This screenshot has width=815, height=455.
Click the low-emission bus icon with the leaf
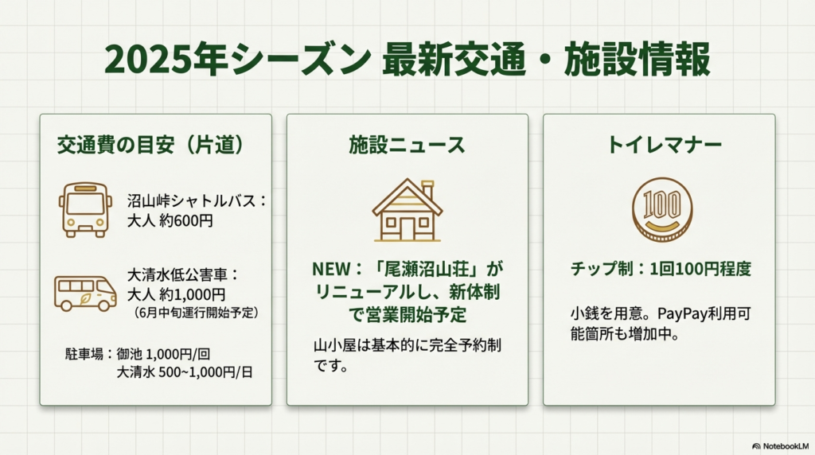pos(85,293)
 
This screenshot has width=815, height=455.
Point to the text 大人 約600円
pos(170,221)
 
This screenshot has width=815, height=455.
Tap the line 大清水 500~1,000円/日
pos(184,371)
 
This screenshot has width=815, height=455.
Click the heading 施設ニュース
pos(407,145)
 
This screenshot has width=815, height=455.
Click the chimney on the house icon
pos(427,191)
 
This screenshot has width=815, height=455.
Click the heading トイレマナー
pos(665,145)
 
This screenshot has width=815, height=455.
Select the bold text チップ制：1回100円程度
pos(660,269)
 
